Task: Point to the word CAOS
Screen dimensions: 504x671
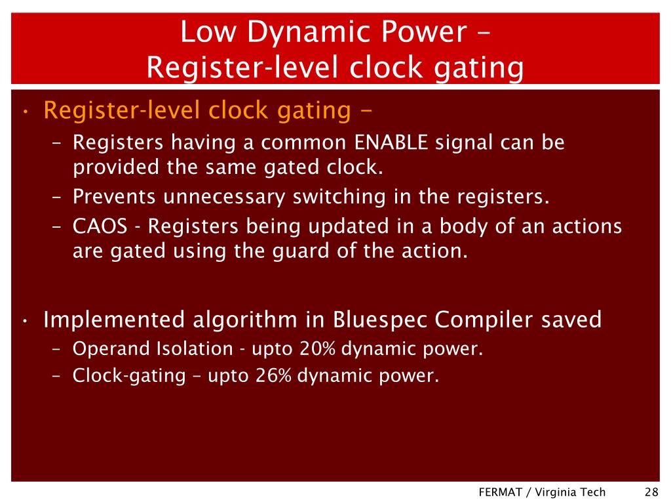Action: pos(100,226)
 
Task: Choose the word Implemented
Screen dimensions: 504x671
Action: pos(114,320)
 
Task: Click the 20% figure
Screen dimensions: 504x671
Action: pos(318,349)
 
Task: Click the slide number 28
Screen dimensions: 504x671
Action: pos(651,492)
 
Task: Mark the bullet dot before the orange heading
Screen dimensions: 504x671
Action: pos(24,112)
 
